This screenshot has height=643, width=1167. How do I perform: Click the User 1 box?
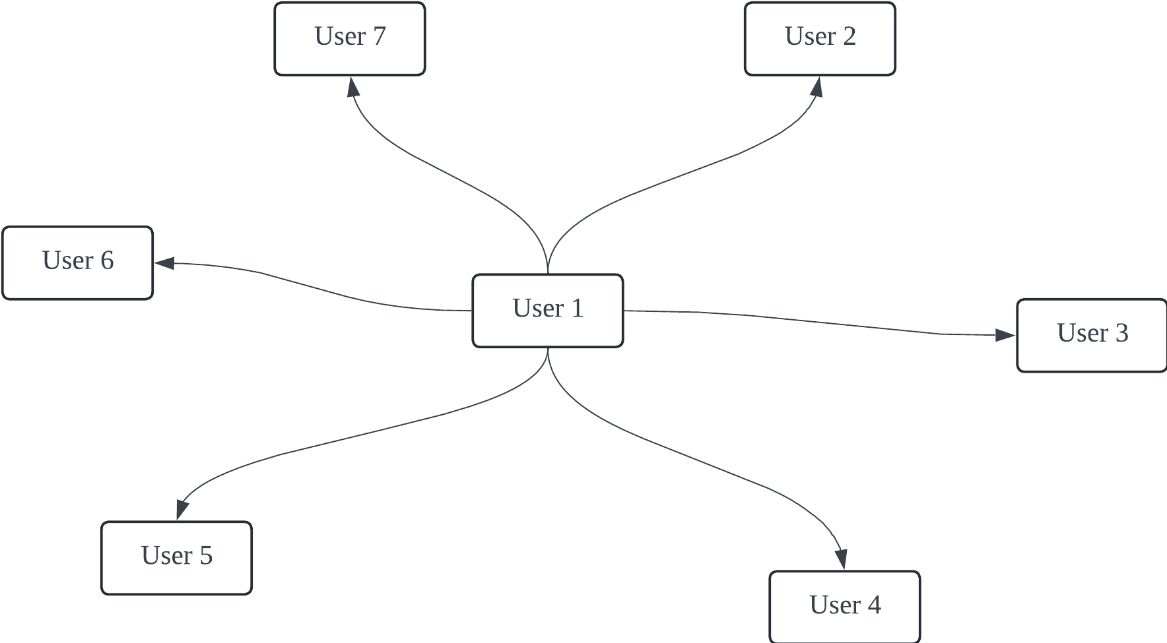coord(548,311)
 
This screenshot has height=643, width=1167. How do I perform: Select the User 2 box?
coord(820,39)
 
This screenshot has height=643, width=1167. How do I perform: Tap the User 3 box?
coord(1092,336)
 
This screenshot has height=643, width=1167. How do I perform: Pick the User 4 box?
coord(845,607)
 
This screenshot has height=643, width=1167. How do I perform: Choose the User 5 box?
coord(176,558)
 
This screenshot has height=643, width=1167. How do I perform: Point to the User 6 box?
coord(78,263)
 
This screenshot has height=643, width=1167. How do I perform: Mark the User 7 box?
coord(350,39)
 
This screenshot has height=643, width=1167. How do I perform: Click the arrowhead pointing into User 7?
coord(354,87)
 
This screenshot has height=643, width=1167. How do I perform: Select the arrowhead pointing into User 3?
coord(1005,335)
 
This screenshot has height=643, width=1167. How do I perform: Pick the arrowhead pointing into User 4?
coord(840,559)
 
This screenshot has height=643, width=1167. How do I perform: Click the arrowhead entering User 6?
coord(165,263)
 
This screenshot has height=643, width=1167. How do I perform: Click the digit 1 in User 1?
coord(577,309)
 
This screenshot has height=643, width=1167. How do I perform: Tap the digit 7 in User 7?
coord(379,36)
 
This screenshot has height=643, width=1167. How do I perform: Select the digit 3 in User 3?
coord(1121,333)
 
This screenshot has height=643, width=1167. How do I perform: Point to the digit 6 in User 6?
coord(107,260)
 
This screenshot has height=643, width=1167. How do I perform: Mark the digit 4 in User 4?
coord(874,605)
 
